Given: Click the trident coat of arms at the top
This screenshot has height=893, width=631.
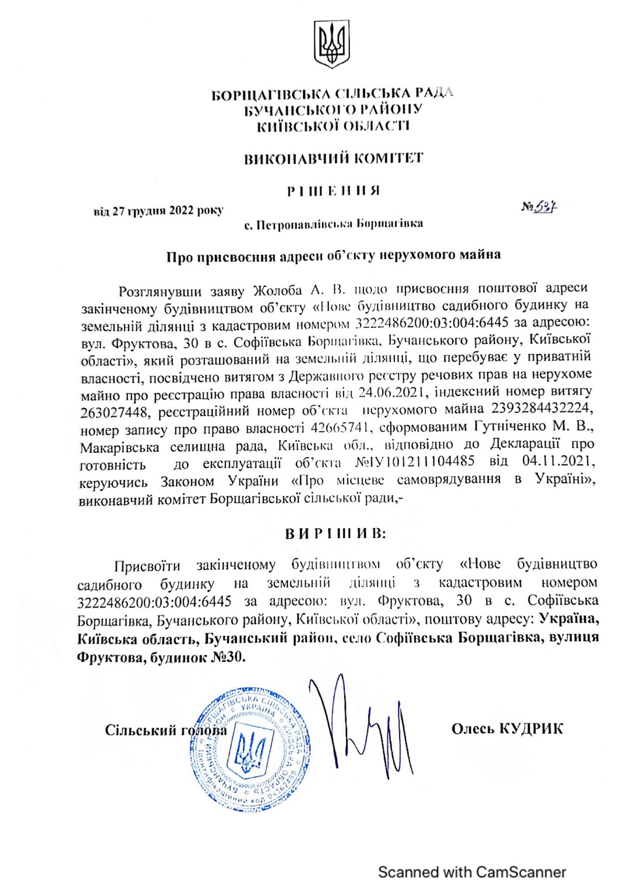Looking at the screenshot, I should (x=331, y=44).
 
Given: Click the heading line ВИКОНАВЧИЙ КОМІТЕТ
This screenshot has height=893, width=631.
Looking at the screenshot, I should (x=334, y=158).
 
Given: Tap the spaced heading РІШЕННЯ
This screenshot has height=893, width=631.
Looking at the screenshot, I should (x=334, y=191).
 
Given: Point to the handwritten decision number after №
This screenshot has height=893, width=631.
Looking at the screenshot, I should (x=546, y=206).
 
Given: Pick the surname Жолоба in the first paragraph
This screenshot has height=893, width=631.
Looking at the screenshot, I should (x=278, y=290).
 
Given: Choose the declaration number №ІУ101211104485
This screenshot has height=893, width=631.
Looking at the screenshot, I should (x=415, y=462).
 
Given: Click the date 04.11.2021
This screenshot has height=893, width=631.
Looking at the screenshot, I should (x=558, y=461).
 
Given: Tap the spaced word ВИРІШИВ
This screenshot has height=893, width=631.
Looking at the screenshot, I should (x=335, y=534).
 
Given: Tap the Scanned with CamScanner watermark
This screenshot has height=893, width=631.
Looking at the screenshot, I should (x=472, y=873).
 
